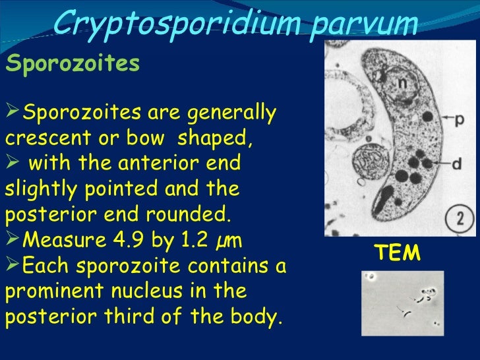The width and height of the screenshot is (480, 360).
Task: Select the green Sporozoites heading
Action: (73, 64)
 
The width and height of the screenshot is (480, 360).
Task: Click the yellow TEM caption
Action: (398, 253)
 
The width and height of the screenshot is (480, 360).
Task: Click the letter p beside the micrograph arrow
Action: (458, 119)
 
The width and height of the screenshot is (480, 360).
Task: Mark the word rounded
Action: (198, 215)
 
